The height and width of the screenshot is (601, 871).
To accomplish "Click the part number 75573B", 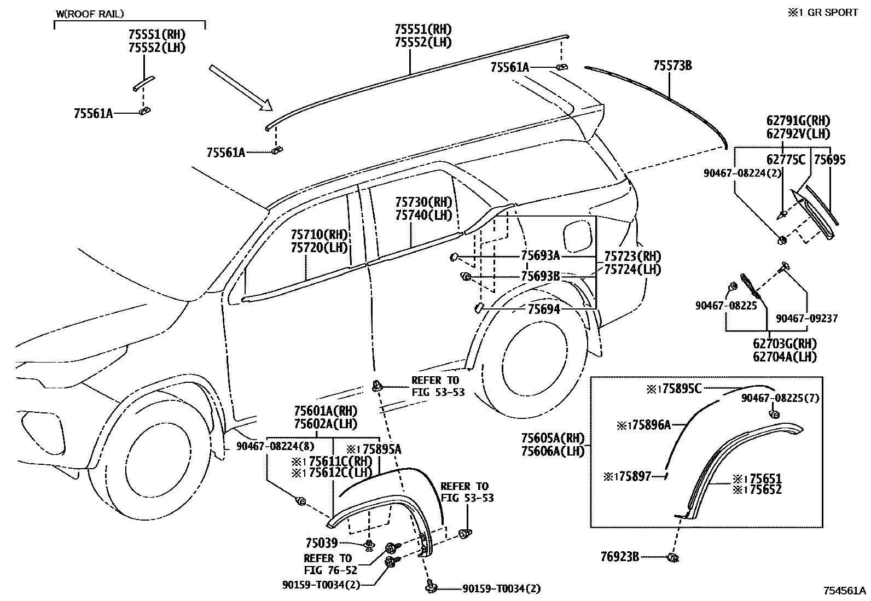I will pos(672,66).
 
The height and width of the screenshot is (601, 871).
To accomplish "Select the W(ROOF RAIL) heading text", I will pos(90,13).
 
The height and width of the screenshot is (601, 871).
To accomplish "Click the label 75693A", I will pos(540,255).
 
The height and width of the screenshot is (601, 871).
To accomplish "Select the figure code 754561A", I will pos(845,591).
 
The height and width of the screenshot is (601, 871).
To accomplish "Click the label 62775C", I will pos(786,160).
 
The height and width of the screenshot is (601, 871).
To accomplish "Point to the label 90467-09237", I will pos(806,318).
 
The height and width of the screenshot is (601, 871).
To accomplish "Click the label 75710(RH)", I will pos(320,235).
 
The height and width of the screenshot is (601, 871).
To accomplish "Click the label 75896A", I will pos(643,425).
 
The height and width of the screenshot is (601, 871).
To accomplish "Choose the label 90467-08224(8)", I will pos(276,446).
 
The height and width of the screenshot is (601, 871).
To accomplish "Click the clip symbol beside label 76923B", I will pos(673,557).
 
